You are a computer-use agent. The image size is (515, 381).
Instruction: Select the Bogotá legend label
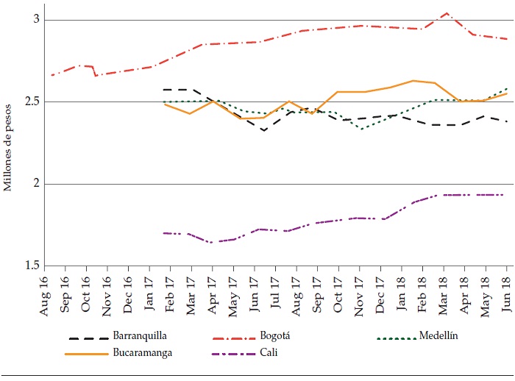[277, 338]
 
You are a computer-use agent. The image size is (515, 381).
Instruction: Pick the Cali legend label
[268, 352]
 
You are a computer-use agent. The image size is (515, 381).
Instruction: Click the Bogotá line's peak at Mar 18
[446, 13]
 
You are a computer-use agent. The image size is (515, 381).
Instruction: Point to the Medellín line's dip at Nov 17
[360, 129]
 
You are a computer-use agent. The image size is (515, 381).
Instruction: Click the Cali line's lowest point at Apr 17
[211, 242]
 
